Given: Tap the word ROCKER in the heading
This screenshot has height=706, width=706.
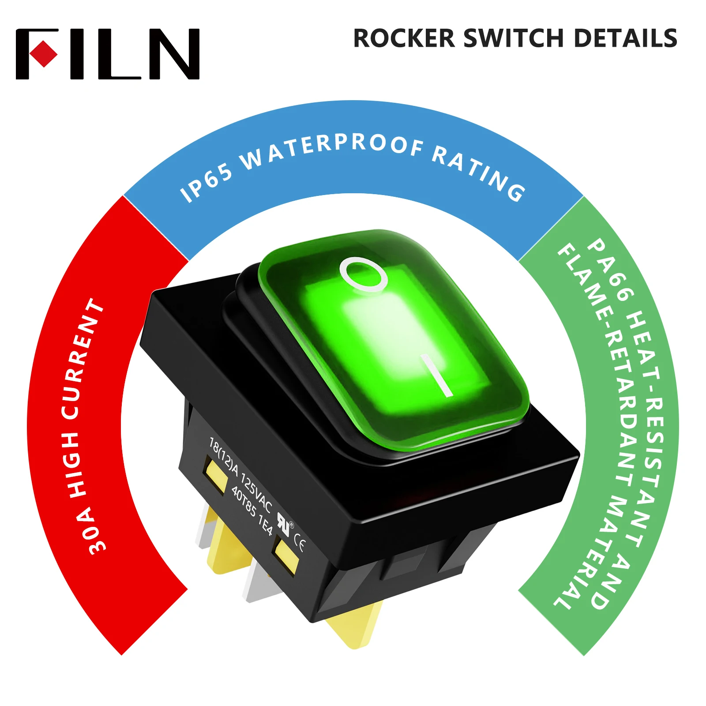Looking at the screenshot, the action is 404,38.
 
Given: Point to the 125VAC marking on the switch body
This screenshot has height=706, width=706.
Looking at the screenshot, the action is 256,492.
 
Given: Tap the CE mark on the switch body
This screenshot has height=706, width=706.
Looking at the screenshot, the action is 299,546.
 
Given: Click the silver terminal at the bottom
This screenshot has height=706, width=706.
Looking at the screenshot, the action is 263,582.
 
